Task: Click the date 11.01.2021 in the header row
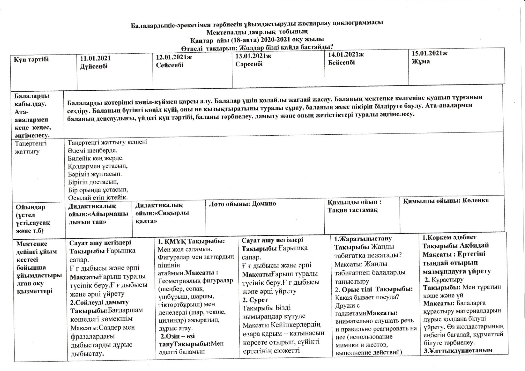95,58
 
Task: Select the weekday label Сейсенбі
170,65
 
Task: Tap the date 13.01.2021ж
253,56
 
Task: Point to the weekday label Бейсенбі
341,62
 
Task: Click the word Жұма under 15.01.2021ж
420,61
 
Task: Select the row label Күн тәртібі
31,59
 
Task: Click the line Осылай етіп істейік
98,197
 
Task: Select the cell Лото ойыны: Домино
242,204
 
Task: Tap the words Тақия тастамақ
352,210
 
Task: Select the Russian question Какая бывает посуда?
367,297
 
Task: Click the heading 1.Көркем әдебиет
449,238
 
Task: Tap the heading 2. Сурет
255,300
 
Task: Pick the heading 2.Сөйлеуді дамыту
99,302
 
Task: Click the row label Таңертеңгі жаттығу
31,147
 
